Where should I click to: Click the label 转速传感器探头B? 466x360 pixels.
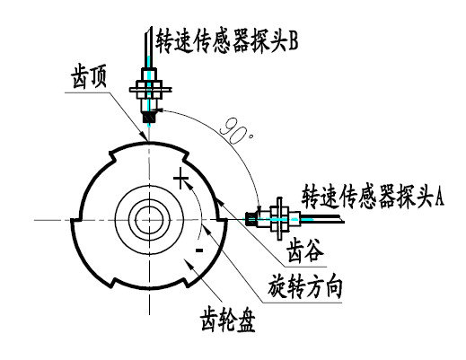(226, 41)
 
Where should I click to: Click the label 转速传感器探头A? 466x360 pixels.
(372, 196)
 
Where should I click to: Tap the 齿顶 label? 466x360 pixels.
(89, 78)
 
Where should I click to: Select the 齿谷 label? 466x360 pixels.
(304, 250)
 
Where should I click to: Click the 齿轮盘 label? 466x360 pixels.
(227, 320)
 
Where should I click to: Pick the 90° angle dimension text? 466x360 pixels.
(236, 132)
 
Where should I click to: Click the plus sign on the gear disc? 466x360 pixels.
(180, 179)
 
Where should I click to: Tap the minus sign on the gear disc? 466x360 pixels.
(199, 250)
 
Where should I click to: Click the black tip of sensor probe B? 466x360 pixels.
(149, 117)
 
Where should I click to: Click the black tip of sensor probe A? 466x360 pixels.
(251, 219)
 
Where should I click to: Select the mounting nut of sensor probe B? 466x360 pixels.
(149, 89)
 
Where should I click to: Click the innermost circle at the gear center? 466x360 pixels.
(149, 206)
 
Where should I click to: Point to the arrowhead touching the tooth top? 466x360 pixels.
(145, 136)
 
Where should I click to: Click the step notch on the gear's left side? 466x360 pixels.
(75, 220)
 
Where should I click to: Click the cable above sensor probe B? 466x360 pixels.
(149, 48)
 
